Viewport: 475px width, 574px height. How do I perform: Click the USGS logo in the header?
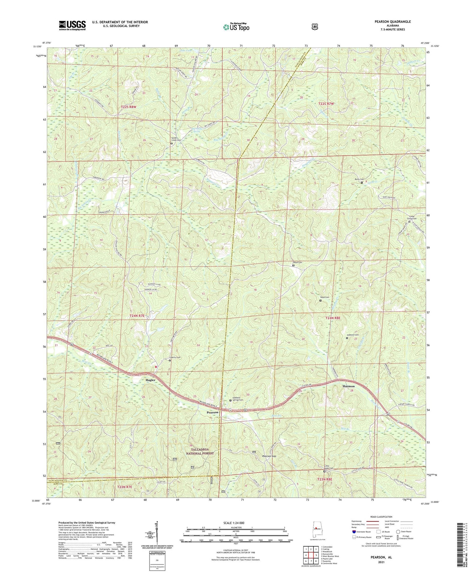point(72,25)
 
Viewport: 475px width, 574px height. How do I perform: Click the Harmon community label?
point(348,386)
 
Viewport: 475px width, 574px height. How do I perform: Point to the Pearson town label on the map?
point(212,412)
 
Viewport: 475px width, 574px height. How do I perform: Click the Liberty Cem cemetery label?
point(175,357)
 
